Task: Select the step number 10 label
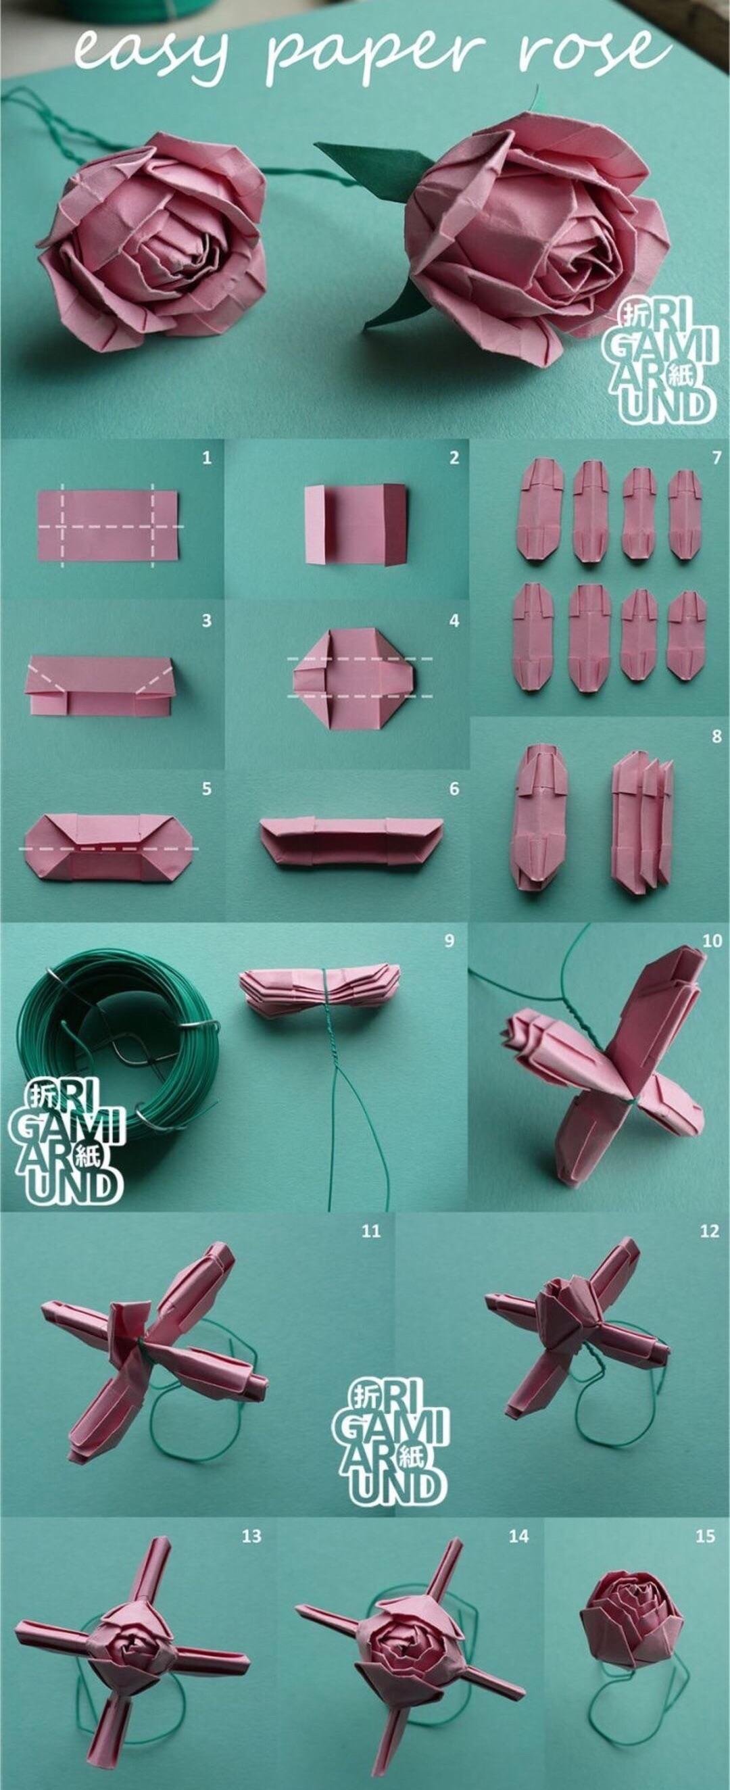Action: [x=712, y=941]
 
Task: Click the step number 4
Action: [x=454, y=620]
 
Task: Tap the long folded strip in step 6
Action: [x=351, y=844]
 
